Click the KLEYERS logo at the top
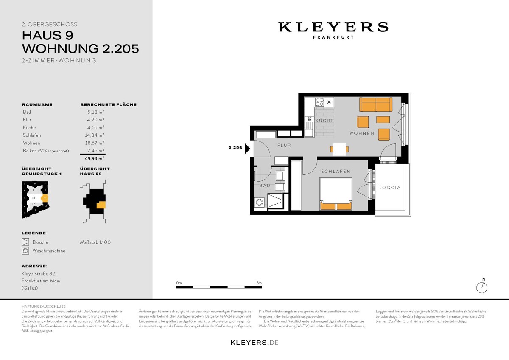[333, 27]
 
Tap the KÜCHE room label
[324, 121]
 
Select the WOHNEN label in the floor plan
[361, 133]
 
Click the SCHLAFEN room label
[336, 172]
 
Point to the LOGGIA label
[389, 187]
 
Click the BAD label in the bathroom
[265, 186]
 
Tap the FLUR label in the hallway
[284, 145]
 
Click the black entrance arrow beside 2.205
[248, 148]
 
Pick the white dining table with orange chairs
[340, 149]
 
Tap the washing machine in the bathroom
[259, 203]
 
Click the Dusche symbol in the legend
[25, 242]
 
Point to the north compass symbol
[482, 287]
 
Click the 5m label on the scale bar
[259, 283]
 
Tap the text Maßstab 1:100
[95, 242]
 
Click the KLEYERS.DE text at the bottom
[254, 342]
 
